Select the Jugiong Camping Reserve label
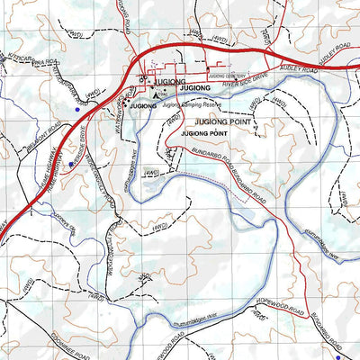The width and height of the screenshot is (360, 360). (x=188, y=105)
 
